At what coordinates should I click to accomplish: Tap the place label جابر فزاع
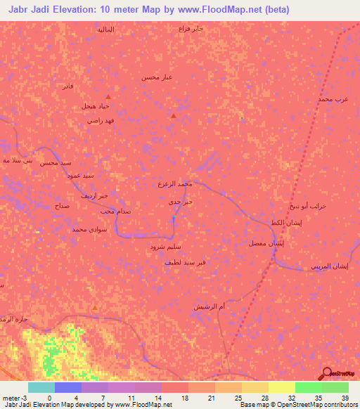(x=190, y=29)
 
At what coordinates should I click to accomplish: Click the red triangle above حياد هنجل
(x=108, y=96)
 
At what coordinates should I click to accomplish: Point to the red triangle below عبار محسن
(x=174, y=115)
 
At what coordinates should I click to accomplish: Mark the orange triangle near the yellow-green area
(x=95, y=307)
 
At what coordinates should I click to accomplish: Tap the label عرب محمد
(x=333, y=100)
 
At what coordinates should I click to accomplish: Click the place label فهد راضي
(x=101, y=120)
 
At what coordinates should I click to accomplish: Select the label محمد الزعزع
(x=175, y=183)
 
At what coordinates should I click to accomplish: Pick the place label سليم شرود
(x=166, y=247)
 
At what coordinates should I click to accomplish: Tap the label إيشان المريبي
(x=329, y=266)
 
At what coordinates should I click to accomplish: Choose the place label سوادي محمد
(x=89, y=229)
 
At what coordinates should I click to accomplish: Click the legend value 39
(x=345, y=397)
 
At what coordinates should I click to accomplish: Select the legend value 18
(x=184, y=397)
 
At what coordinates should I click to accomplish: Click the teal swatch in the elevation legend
(x=41, y=387)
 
